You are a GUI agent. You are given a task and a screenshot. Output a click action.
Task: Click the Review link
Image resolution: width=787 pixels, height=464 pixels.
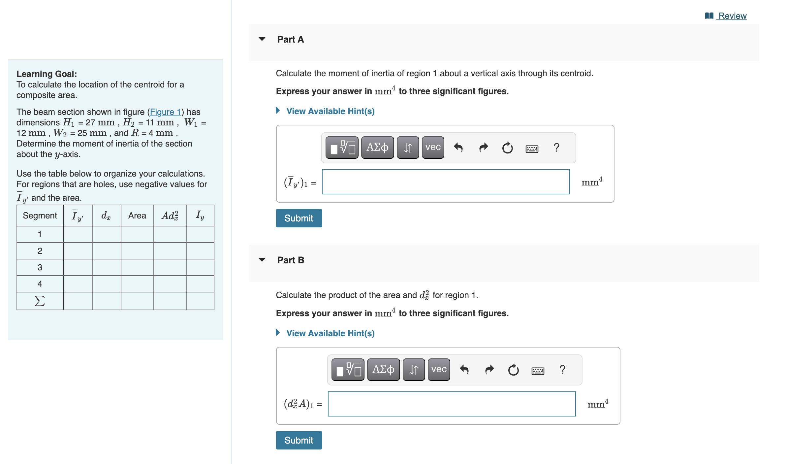(732, 16)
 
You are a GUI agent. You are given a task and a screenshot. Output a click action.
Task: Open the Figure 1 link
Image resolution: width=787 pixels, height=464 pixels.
(166, 112)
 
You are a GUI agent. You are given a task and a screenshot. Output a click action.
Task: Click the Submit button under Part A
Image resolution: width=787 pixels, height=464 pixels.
(299, 218)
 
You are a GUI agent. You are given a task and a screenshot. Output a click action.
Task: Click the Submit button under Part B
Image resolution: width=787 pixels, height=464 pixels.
(299, 440)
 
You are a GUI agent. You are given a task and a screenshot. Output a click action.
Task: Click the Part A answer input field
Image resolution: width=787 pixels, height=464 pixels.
(446, 182)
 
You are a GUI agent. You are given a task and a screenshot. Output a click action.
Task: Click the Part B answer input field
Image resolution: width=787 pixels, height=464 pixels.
(452, 404)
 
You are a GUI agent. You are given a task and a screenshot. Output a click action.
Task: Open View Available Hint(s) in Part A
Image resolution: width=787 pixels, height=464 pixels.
(330, 111)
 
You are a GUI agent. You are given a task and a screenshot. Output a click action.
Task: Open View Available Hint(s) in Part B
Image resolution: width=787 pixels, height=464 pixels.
(330, 333)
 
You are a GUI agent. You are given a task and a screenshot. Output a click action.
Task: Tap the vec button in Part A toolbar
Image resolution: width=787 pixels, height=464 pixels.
(433, 148)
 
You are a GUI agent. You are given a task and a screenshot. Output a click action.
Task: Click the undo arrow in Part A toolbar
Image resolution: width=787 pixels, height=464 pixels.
(458, 148)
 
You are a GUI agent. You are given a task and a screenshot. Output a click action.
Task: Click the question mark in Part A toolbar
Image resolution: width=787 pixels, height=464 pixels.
(556, 148)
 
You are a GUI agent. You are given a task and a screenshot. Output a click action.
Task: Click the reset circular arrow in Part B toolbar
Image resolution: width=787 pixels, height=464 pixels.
(513, 370)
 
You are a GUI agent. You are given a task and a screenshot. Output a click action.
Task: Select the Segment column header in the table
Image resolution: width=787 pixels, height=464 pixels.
(40, 215)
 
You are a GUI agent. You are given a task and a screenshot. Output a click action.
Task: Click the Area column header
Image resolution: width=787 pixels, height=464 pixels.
(137, 215)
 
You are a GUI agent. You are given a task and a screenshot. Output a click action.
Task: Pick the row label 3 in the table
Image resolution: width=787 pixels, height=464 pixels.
(40, 267)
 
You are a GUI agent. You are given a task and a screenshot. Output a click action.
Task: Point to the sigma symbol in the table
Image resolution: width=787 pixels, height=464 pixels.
(40, 301)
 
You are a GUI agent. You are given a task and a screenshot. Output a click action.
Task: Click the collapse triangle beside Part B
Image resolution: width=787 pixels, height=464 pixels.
(262, 260)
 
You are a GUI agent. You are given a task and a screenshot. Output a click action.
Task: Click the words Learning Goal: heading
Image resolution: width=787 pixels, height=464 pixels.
(47, 74)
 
